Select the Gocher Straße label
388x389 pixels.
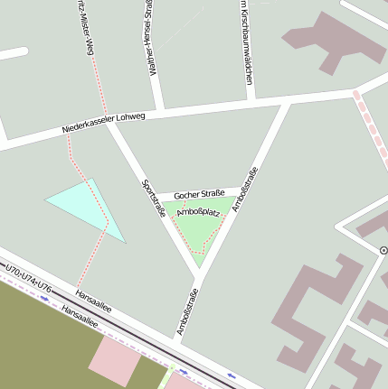click(199, 194)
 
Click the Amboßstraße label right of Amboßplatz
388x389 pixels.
click(245, 189)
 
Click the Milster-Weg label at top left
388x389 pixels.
click(82, 27)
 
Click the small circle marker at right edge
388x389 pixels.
click(383, 249)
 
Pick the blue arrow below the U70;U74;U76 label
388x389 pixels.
click(43, 286)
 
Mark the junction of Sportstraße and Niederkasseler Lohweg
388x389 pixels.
click(109, 123)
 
